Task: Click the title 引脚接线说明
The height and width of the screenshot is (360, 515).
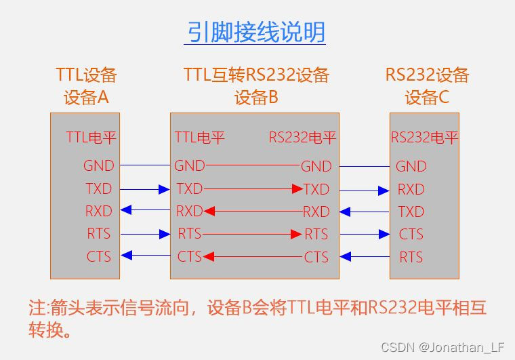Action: click(x=255, y=31)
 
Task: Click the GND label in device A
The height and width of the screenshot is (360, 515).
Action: click(x=99, y=165)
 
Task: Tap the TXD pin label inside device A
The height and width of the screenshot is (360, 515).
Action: click(x=99, y=188)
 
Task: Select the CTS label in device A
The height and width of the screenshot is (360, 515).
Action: click(x=99, y=256)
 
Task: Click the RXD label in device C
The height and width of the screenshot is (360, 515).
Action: click(x=411, y=189)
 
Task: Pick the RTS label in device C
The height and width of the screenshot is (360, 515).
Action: click(x=411, y=257)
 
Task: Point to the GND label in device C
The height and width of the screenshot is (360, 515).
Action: click(x=411, y=166)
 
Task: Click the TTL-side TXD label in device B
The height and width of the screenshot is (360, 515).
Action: click(x=190, y=188)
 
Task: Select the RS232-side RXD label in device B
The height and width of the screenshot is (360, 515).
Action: click(x=316, y=212)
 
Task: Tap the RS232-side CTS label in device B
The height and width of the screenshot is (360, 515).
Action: click(x=316, y=257)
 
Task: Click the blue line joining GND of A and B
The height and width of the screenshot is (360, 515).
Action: click(x=144, y=165)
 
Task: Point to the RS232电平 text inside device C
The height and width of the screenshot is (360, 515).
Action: click(x=425, y=138)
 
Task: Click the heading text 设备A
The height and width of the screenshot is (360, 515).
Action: click(x=86, y=98)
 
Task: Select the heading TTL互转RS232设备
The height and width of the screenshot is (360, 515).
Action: click(x=256, y=75)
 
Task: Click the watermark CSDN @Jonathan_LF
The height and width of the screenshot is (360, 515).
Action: click(x=442, y=347)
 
